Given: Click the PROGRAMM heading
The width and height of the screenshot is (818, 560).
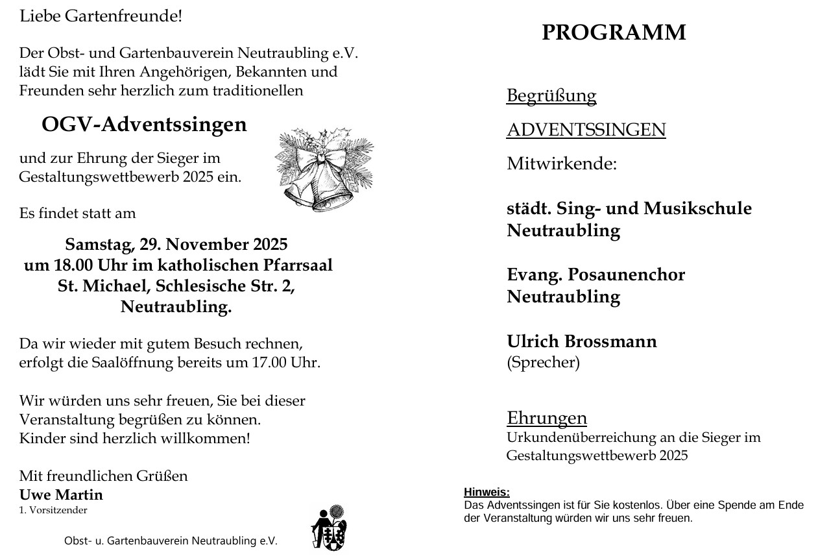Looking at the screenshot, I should tap(614, 32).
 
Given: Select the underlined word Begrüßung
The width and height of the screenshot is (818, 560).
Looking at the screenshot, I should tap(551, 95).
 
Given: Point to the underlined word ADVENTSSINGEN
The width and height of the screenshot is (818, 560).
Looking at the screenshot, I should tap(586, 130).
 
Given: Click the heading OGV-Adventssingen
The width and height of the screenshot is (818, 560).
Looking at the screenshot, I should tap(144, 124).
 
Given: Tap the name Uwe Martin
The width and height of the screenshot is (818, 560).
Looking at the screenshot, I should tap(61, 495).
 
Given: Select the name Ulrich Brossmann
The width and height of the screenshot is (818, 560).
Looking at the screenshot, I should tap(581, 341).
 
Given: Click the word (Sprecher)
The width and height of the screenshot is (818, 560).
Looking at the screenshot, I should tap(543, 362).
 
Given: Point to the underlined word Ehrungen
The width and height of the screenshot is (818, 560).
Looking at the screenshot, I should tap(546, 417).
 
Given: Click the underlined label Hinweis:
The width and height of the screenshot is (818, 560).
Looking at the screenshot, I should tap(487, 493).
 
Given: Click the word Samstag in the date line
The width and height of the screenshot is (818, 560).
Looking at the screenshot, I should tap(100, 245).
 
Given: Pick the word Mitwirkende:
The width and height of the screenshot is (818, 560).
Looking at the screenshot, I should tap(561, 164).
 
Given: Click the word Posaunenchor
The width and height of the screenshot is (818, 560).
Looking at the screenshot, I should tap(626, 274).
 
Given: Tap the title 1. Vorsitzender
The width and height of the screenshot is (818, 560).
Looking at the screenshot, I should tap(53, 510).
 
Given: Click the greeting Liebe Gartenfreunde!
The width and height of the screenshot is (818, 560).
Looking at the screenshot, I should tap(101, 16).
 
